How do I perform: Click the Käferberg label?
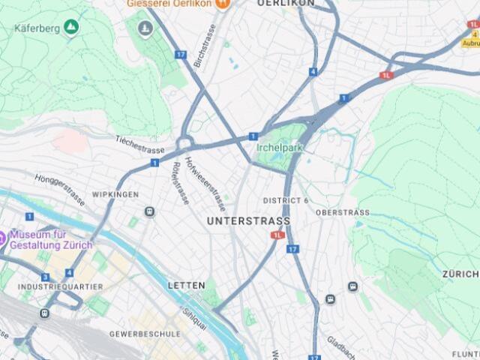click(x=37, y=28)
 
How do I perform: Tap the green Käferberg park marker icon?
click(x=71, y=28)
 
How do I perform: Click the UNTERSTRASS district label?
click(x=248, y=221)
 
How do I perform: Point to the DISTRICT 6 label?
click(x=286, y=201)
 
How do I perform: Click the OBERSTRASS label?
click(x=343, y=212)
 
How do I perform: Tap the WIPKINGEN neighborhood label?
click(x=115, y=194)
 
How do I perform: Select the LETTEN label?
click(x=186, y=286)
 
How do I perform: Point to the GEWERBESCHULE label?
click(x=145, y=333)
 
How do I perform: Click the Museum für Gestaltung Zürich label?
click(x=51, y=239)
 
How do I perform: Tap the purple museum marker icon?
click(x=2, y=239)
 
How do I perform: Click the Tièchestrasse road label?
click(x=139, y=143)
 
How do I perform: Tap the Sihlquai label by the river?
click(x=195, y=316)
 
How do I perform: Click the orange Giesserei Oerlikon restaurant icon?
click(x=221, y=3)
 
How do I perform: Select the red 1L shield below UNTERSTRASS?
click(x=278, y=235)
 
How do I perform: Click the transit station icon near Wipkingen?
click(x=150, y=212)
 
